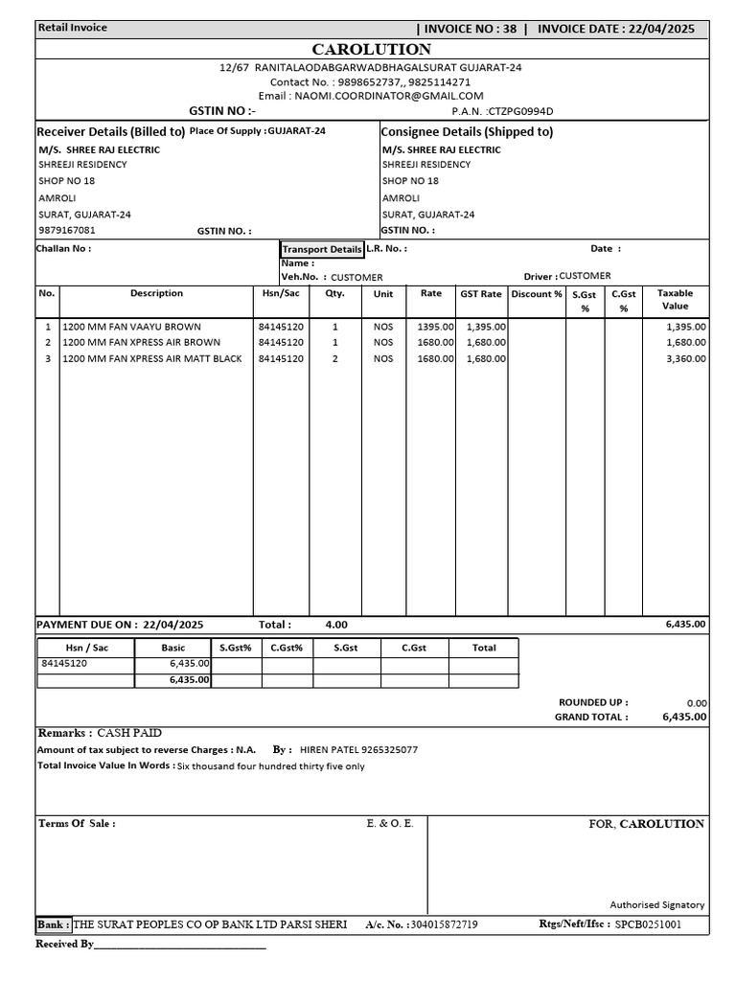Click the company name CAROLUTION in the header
click(x=372, y=49)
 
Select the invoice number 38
click(x=508, y=29)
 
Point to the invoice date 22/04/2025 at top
click(x=662, y=29)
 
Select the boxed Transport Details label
click(x=322, y=249)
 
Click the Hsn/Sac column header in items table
click(x=281, y=294)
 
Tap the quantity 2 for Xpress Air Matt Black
click(x=334, y=359)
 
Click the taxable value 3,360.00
click(x=685, y=359)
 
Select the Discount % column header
click(x=537, y=294)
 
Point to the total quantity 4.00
click(x=336, y=625)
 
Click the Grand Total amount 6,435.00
click(x=684, y=717)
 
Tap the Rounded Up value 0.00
click(x=696, y=702)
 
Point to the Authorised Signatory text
click(x=656, y=904)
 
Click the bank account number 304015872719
click(x=443, y=925)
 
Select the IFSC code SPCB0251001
click(x=649, y=925)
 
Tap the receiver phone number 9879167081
click(x=67, y=230)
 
